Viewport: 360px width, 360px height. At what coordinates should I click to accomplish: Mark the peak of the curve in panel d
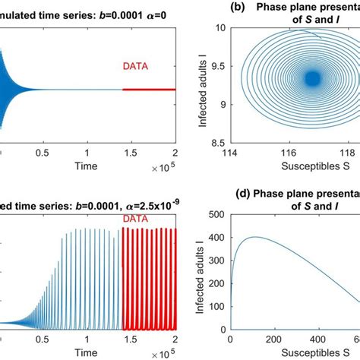(x=251, y=237)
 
